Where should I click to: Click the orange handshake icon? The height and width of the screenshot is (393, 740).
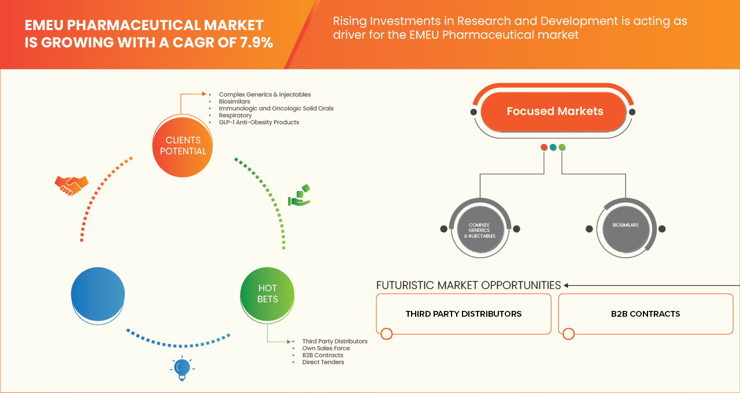coord(71,185)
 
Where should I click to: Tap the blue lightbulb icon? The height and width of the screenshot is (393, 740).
coord(183,368)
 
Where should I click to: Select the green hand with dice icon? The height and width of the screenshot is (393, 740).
coord(299,196)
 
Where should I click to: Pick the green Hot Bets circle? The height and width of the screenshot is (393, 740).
coord(268,294)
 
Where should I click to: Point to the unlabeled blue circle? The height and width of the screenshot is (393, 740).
coord(98,294)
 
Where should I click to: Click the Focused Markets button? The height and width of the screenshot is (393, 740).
coord(554,112)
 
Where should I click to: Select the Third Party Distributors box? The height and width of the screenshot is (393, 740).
coord(463,314)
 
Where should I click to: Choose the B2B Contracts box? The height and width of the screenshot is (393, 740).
coord(645,314)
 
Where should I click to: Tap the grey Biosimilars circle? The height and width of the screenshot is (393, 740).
coord(626,225)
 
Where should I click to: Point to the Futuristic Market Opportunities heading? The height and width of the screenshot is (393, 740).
coord(468,285)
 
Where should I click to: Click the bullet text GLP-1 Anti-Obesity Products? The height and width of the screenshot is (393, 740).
coord(258,123)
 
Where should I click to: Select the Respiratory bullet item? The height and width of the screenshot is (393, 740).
coord(235,116)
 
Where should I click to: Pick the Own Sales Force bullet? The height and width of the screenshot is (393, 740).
coord(325,348)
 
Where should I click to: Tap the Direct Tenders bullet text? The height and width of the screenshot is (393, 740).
coord(323,362)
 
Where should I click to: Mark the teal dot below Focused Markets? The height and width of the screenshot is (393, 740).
coord(553,147)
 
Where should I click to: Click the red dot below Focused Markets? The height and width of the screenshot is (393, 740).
coord(544,147)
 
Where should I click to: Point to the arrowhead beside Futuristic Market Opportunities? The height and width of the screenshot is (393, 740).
coord(567,285)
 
